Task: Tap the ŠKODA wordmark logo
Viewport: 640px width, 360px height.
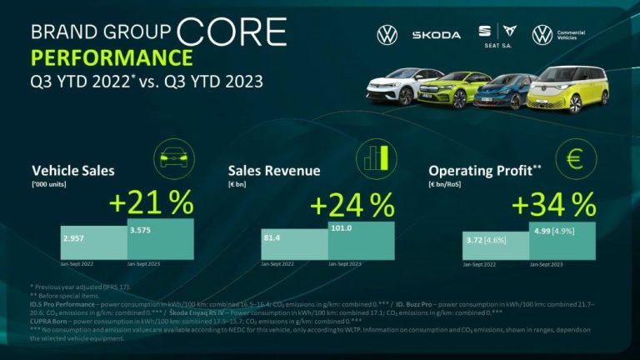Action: pyautogui.click(x=436, y=35)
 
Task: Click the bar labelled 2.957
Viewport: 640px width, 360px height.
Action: pyautogui.click(x=93, y=242)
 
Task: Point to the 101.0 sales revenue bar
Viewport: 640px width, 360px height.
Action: pyautogui.click(x=361, y=240)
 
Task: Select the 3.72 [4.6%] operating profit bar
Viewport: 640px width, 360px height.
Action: pyautogui.click(x=496, y=246)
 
